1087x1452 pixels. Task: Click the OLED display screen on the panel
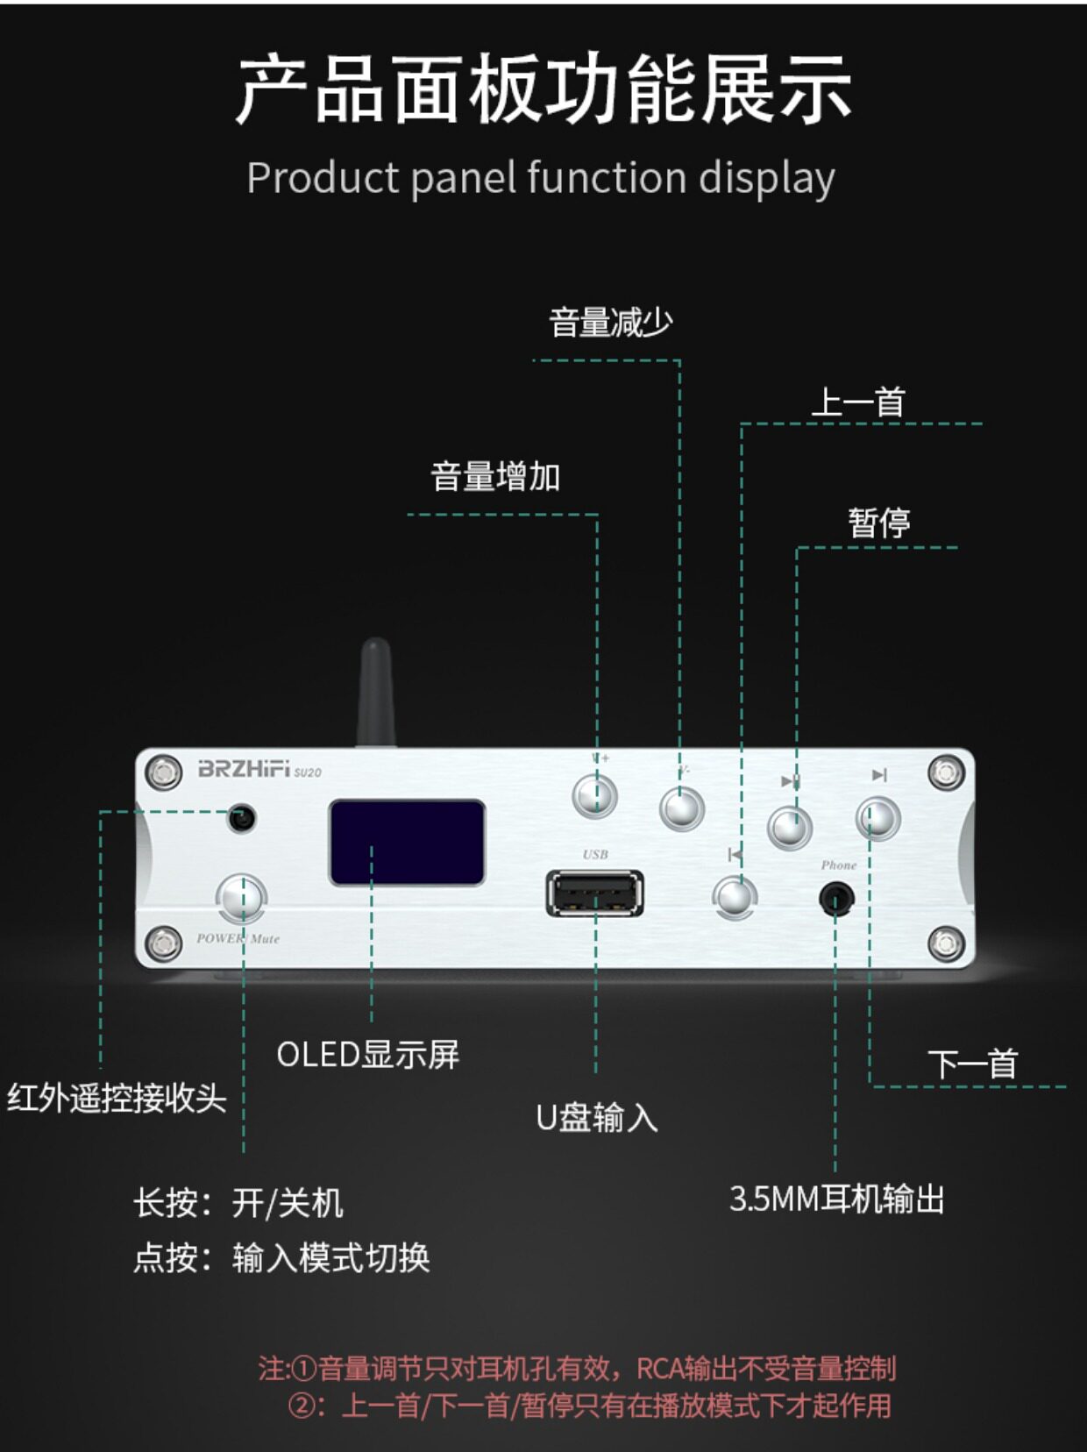pos(407,843)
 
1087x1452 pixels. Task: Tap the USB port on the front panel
pos(594,893)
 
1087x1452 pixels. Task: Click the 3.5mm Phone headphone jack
pos(835,900)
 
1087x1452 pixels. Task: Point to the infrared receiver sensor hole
pos(241,818)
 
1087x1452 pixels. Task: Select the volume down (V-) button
pos(681,808)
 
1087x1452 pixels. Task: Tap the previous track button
pos(735,896)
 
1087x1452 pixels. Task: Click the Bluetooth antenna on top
pos(375,693)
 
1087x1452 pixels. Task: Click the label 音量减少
pos(610,323)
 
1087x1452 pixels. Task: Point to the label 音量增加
pos(495,477)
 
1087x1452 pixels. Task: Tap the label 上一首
pos(858,402)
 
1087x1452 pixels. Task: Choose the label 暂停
pos(878,523)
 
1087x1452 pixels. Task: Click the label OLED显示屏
pos(368,1055)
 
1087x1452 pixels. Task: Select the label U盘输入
pos(596,1118)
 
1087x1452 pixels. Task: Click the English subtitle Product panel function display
pos(541,178)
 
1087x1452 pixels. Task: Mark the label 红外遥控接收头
pos(117,1098)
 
